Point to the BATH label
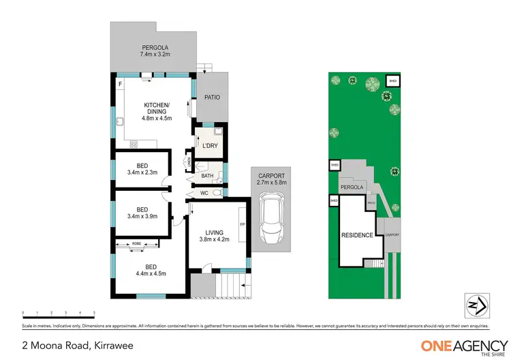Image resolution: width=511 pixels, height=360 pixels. coord(207,177)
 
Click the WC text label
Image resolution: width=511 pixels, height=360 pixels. coord(202,193)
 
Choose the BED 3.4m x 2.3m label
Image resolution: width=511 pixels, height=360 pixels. coord(142,168)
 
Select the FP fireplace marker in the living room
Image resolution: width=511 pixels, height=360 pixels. coord(241,224)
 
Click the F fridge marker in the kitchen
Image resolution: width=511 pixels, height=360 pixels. coord(120,84)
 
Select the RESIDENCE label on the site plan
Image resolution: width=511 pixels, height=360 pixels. coord(357,235)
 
